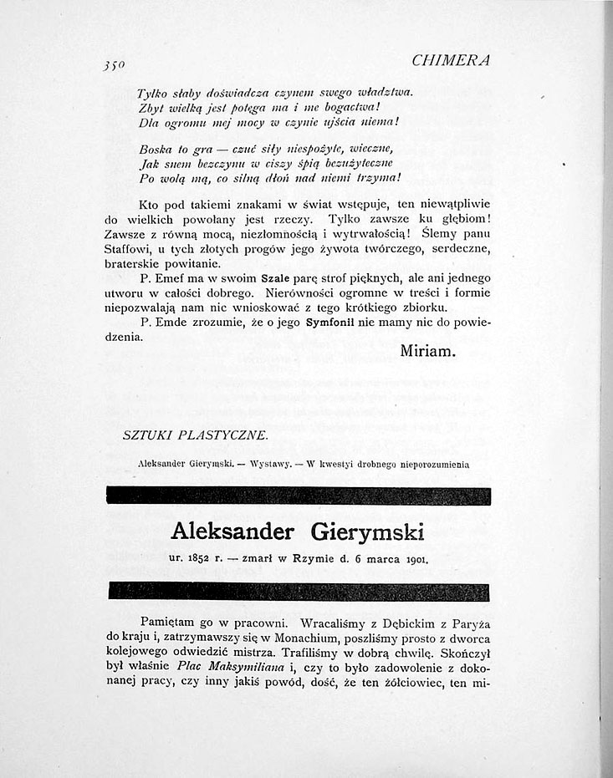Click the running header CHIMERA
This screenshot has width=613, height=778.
[x=451, y=60]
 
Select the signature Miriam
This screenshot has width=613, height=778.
[x=427, y=350]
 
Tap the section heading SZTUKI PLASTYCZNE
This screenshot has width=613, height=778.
[x=196, y=434]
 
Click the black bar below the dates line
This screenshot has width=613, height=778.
[x=293, y=591]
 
